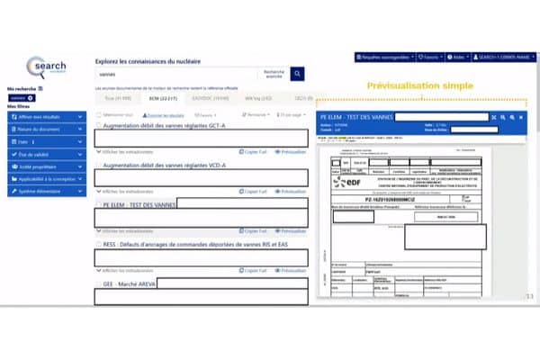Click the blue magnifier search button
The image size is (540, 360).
pos(297,75)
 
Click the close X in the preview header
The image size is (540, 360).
pos(491,118)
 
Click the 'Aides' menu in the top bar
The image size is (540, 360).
pos(456,56)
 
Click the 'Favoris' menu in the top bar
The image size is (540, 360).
pos(428,56)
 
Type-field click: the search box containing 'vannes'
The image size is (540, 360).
pos(175,75)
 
